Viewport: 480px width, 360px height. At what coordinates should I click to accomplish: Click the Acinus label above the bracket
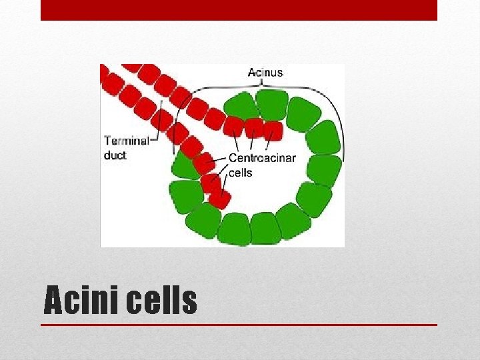(265, 72)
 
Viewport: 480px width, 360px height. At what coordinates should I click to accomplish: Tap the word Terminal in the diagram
(126, 141)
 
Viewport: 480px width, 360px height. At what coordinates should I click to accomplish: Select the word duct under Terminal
(115, 155)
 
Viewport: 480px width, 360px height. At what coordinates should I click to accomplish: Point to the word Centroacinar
(262, 158)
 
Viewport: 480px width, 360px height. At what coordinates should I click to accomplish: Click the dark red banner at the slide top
(239, 10)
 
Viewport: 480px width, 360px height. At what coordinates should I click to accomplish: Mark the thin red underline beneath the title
(239, 325)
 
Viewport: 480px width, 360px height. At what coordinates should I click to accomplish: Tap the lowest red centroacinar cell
(219, 199)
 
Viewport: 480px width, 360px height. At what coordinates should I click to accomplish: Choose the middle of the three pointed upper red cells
(253, 127)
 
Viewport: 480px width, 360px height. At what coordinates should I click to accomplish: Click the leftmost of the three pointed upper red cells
(233, 125)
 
